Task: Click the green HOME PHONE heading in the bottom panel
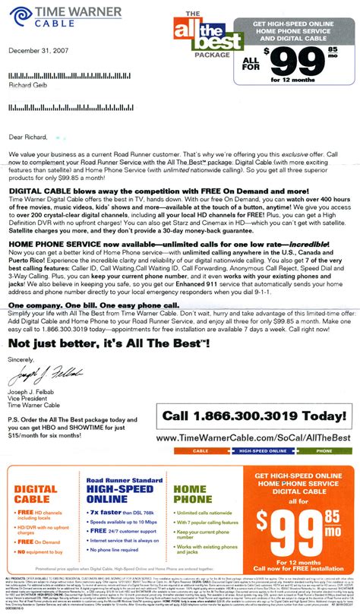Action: click(x=194, y=479)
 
